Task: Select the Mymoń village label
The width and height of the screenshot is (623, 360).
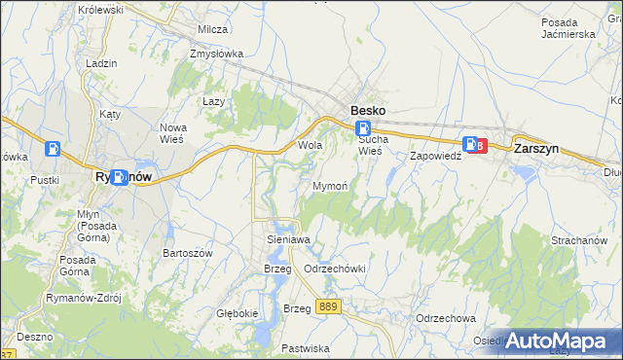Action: pyautogui.click(x=330, y=185)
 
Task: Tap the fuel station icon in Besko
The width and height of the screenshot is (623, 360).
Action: pyautogui.click(x=363, y=129)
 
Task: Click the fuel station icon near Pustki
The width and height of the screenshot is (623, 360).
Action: pyautogui.click(x=53, y=150)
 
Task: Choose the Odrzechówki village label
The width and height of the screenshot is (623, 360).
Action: pyautogui.click(x=334, y=268)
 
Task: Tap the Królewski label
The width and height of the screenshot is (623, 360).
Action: pyautogui.click(x=101, y=9)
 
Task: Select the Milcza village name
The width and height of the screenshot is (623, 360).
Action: pyautogui.click(x=212, y=30)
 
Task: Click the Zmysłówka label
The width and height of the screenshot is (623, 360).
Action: pyautogui.click(x=217, y=54)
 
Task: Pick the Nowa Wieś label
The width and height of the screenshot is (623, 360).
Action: pyautogui.click(x=179, y=133)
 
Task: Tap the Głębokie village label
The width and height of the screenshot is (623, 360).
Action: pyautogui.click(x=237, y=313)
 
